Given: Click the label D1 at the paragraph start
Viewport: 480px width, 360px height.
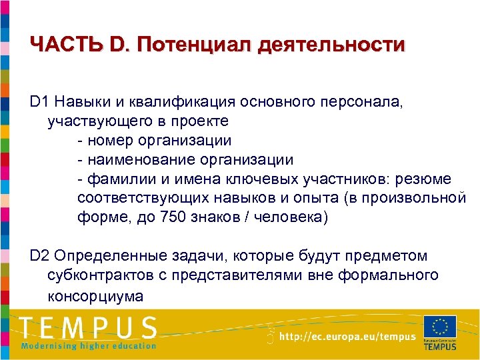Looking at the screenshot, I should coord(40,103).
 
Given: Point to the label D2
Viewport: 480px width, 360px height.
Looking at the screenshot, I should coord(40,256).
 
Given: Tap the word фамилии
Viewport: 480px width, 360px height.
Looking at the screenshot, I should coord(118,179).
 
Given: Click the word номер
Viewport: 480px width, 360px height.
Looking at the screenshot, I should coord(111,141).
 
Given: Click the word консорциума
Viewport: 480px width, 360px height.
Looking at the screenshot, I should coord(95,295).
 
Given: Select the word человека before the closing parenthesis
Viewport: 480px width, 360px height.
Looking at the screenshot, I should coord(287,218).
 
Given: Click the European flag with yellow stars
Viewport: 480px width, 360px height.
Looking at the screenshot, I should coord(440,326).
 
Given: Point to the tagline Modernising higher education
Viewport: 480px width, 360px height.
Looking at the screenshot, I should coord(89,345).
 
